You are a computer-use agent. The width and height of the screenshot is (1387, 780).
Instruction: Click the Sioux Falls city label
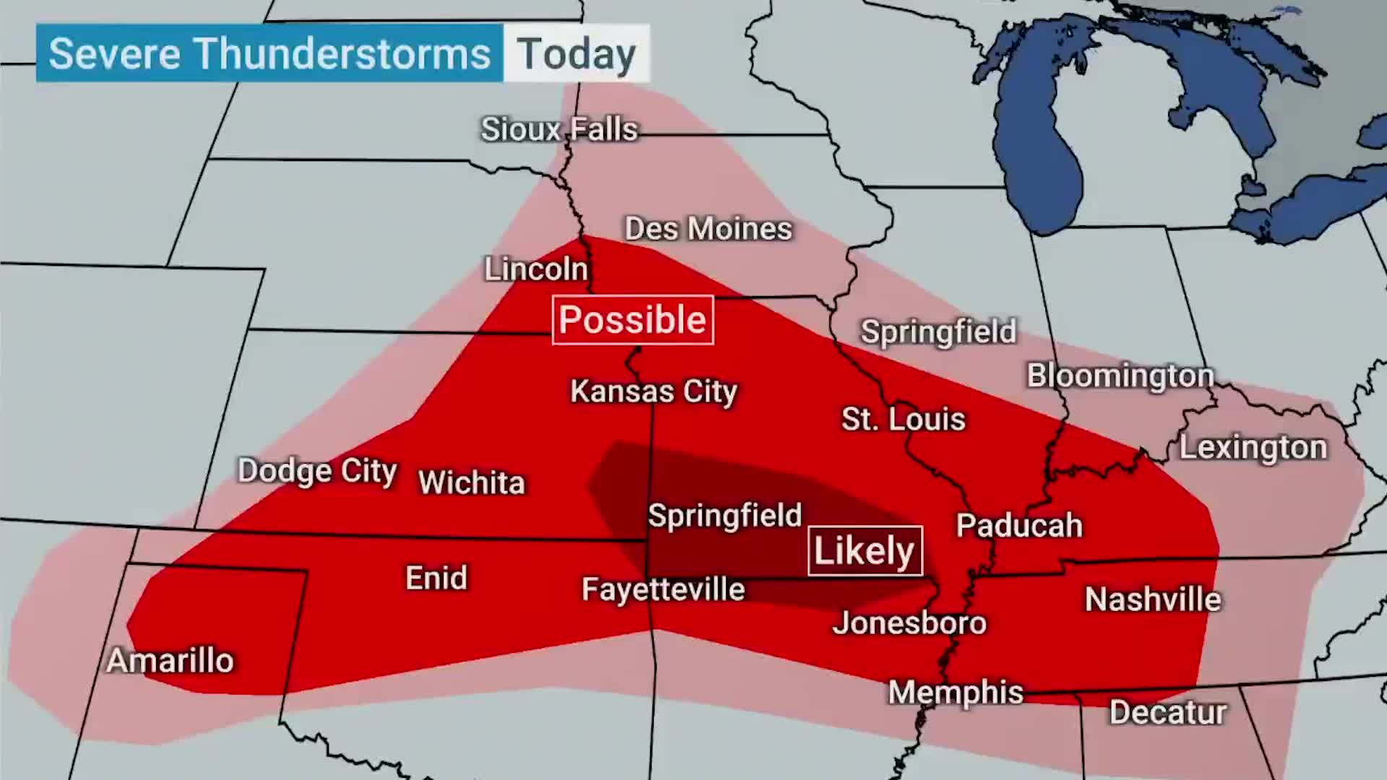pyautogui.click(x=559, y=130)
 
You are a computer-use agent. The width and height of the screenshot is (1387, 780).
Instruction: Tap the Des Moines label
pyautogui.click(x=708, y=229)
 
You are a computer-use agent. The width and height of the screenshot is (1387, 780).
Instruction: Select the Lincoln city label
pyautogui.click(x=536, y=269)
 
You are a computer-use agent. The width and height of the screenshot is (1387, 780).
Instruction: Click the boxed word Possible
pyautogui.click(x=632, y=320)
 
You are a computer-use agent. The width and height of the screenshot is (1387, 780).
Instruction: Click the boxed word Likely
pyautogui.click(x=864, y=551)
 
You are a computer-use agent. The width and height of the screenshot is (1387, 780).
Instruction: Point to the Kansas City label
pyautogui.click(x=653, y=391)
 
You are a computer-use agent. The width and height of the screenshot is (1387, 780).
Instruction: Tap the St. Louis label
pyautogui.click(x=903, y=420)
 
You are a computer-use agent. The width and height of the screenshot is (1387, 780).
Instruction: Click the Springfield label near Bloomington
pyautogui.click(x=938, y=332)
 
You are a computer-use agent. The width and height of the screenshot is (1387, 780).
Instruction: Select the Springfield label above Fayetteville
pyautogui.click(x=724, y=516)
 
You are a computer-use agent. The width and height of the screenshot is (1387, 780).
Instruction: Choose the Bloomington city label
pyautogui.click(x=1120, y=376)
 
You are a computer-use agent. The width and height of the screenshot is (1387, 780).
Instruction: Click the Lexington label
pyautogui.click(x=1253, y=448)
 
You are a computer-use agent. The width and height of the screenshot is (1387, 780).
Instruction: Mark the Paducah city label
pyautogui.click(x=1019, y=526)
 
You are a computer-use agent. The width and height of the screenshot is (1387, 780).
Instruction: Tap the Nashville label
pyautogui.click(x=1152, y=599)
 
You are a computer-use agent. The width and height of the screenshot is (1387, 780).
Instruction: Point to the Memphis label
pyautogui.click(x=955, y=693)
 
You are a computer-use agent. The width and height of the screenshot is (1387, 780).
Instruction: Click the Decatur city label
pyautogui.click(x=1167, y=712)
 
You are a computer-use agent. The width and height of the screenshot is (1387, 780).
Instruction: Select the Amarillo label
pyautogui.click(x=170, y=661)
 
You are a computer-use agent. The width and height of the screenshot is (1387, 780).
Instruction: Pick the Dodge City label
pyautogui.click(x=317, y=471)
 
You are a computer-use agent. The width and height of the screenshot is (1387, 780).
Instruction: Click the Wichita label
pyautogui.click(x=471, y=482)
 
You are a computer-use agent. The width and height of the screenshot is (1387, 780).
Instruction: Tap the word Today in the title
pyautogui.click(x=576, y=54)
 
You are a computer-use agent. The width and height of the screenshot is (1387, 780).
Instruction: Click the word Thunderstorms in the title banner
pyautogui.click(x=341, y=54)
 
